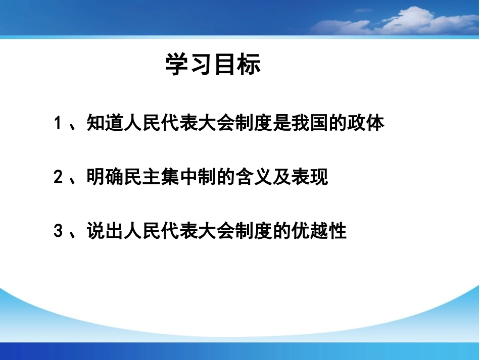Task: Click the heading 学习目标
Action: [213, 65]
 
